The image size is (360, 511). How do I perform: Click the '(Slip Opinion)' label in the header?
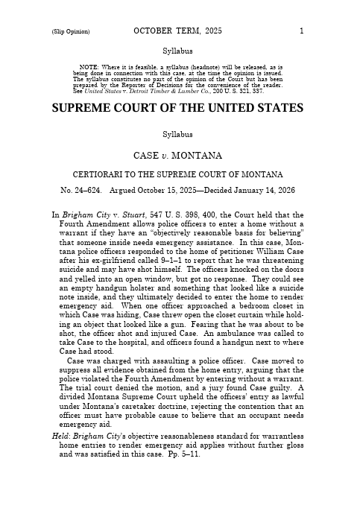pos(71,32)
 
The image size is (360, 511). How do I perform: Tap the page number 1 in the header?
pos(301,31)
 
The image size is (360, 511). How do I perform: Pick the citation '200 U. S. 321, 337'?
pos(223,91)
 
